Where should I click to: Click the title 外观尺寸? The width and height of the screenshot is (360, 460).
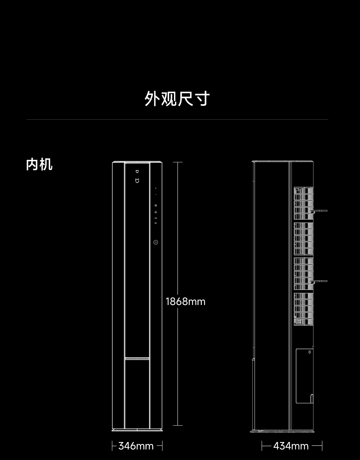tap(177, 99)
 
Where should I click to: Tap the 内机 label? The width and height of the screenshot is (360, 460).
tap(39, 165)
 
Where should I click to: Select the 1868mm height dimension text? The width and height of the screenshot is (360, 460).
tap(185, 302)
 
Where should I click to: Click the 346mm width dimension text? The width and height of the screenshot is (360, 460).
tap(136, 446)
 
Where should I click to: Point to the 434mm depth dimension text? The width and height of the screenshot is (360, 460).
tap(291, 446)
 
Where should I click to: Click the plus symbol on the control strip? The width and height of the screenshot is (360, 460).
tap(156, 189)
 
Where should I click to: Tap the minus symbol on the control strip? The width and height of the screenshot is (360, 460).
tap(156, 195)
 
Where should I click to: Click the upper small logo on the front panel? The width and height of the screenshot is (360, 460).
tap(137, 172)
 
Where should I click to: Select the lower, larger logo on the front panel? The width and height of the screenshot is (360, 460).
tap(137, 181)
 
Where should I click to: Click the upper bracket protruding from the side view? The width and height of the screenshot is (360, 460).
tap(319, 211)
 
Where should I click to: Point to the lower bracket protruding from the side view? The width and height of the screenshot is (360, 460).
tap(319, 281)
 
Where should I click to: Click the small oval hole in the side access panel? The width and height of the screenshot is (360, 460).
tap(309, 352)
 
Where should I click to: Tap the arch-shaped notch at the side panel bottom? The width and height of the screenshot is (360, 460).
tap(312, 398)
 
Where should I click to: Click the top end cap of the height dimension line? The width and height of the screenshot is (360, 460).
tap(178, 162)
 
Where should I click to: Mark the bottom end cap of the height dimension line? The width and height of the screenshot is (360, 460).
tap(178, 425)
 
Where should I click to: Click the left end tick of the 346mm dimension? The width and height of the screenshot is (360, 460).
tap(112, 446)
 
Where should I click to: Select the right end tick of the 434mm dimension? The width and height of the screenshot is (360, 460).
tap(322, 446)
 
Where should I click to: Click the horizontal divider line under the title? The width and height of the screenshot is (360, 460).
tap(177, 119)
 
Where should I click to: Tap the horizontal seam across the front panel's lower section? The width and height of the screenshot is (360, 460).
tap(137, 358)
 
